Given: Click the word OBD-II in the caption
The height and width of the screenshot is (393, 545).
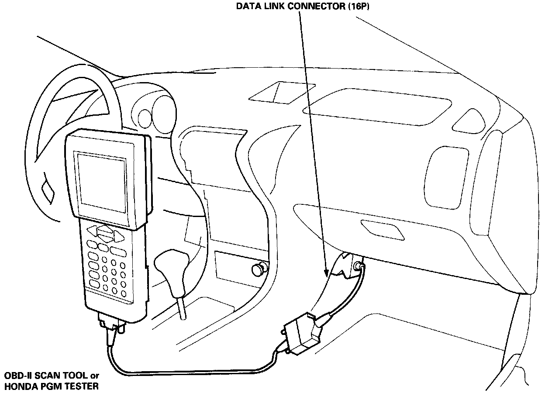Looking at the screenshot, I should [x=16, y=376].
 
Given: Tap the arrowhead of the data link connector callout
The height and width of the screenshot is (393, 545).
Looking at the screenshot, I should [x=326, y=274].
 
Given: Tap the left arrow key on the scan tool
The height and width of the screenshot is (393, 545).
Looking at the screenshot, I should [x=92, y=231].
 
